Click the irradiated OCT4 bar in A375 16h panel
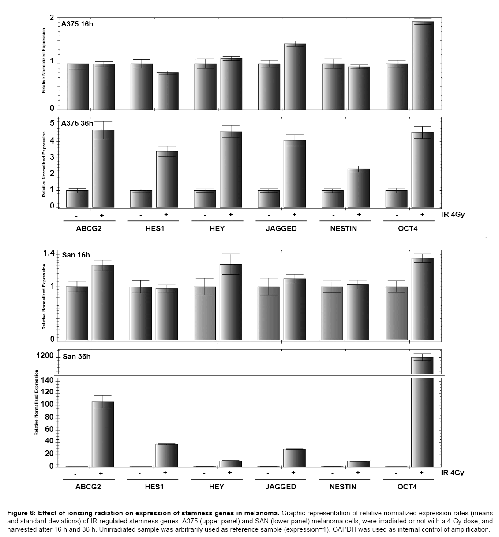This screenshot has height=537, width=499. coord(423,65)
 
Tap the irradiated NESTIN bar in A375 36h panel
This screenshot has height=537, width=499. coord(359,188)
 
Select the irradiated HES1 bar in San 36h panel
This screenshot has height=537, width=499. coord(167,455)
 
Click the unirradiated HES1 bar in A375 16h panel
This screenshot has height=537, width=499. coord(142,86)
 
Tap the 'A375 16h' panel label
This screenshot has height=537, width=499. coord(77,24)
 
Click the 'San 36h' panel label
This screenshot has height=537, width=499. coord(76,356)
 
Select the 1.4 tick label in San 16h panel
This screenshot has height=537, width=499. coord(48,253)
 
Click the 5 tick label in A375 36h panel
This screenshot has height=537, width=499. coord(52,123)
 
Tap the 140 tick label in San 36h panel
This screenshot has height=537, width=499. coord(47,381)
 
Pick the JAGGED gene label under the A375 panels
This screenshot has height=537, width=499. coord(281,228)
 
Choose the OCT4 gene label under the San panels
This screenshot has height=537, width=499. coord(407,487)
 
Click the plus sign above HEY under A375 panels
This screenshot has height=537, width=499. coord(230,215)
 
